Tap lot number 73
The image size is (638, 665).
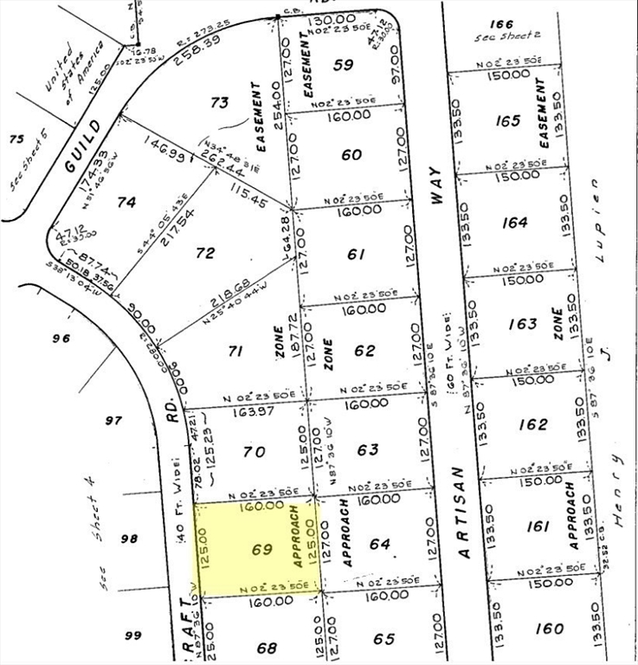point(220,103)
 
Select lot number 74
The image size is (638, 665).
point(126,202)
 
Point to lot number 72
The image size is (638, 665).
point(205,254)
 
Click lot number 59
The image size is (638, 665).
point(344,64)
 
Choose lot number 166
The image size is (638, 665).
point(501,23)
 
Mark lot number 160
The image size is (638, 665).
point(548,628)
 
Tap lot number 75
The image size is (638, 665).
point(15,139)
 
